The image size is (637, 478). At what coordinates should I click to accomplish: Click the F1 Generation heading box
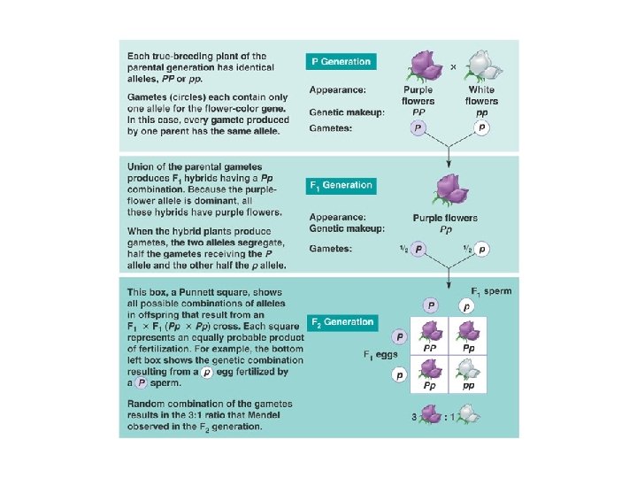342,186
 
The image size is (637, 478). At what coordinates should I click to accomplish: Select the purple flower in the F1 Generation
449,189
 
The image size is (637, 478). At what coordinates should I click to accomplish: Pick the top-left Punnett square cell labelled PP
431,335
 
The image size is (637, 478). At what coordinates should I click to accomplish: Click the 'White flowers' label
481,96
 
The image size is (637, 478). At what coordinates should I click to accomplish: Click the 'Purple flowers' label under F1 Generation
445,218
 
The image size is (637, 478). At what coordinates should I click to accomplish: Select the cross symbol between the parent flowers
453,66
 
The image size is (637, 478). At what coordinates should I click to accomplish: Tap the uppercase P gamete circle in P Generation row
417,127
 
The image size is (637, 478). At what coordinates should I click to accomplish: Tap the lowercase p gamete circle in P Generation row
481,127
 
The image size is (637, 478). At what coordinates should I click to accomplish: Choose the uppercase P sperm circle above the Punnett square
431,305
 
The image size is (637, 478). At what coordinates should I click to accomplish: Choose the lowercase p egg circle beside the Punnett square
399,375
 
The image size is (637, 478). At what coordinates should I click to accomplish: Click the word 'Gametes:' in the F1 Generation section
330,249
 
